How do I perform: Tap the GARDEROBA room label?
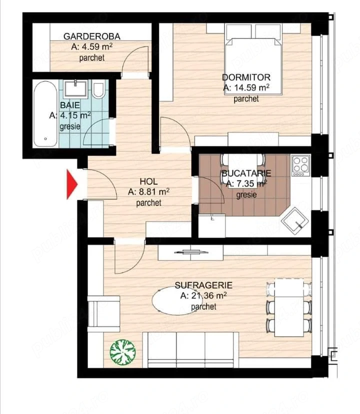(x=91, y=36)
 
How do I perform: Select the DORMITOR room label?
(x=246, y=77)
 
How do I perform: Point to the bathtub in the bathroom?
(x=46, y=113)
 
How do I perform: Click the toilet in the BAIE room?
(x=98, y=89)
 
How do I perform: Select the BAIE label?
(x=69, y=105)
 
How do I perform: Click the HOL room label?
(x=149, y=181)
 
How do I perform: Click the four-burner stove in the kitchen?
(x=300, y=166)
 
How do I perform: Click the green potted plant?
(x=122, y=351)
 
